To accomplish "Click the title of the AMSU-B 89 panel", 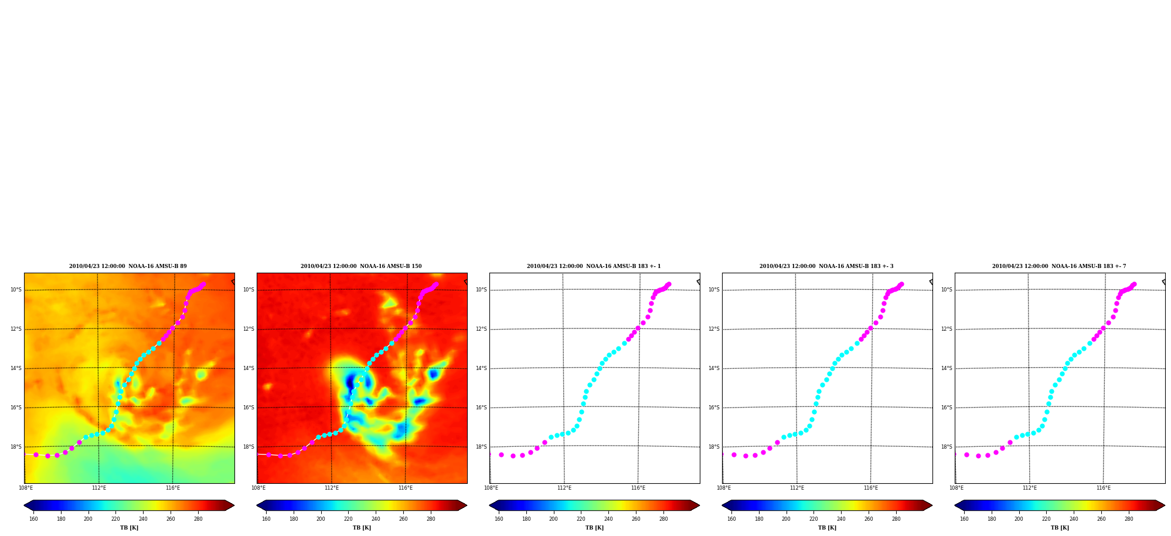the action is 128,266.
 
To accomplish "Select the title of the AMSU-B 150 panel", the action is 361,266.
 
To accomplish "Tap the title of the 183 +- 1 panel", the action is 594,266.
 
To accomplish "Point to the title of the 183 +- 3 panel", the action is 826,266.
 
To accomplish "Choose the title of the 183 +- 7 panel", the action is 1059,266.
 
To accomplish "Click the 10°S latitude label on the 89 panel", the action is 16,290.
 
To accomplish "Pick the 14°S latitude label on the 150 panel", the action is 249,368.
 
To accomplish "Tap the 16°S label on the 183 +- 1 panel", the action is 481,408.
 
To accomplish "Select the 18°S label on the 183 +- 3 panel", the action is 714,447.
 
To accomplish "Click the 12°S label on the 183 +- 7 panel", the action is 947,329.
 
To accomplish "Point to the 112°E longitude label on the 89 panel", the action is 99,488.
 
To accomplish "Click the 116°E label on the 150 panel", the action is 406,488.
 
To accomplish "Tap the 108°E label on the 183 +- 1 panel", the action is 491,488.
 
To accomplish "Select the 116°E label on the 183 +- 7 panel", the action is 1104,488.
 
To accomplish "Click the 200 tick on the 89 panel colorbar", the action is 88,519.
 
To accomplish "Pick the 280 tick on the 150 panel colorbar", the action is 431,519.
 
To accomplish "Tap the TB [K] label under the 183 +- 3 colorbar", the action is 827,528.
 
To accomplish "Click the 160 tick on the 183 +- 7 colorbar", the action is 964,519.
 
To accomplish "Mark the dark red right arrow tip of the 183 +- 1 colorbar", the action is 699,506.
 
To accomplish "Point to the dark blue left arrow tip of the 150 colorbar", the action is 257,506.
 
